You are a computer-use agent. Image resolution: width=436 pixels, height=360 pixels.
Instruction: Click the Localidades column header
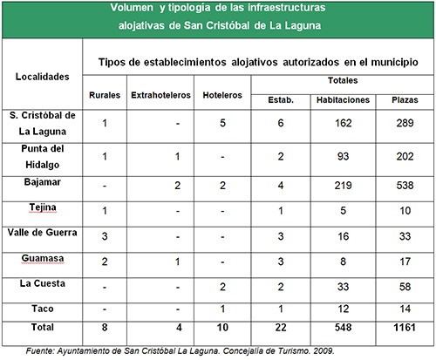(x=43, y=77)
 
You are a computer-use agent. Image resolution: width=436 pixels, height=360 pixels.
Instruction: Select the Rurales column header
(x=105, y=95)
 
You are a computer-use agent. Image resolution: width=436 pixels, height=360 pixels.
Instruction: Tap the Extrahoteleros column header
(x=160, y=95)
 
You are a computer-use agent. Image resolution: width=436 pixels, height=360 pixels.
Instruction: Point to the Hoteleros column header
(x=222, y=95)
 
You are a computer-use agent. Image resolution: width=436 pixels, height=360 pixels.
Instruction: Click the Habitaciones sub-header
(x=343, y=100)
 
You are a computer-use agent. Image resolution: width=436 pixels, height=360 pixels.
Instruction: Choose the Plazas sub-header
(x=405, y=100)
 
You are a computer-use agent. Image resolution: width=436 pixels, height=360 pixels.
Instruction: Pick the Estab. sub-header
(x=281, y=100)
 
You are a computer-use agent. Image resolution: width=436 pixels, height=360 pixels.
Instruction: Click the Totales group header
(x=343, y=80)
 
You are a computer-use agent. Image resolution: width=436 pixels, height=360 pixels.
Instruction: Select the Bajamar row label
(x=43, y=182)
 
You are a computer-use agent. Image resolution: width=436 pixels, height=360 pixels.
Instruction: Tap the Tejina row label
(x=43, y=207)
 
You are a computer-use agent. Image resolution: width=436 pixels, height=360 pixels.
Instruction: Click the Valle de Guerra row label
(x=43, y=233)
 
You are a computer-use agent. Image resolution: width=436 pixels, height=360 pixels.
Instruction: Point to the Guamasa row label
(x=43, y=258)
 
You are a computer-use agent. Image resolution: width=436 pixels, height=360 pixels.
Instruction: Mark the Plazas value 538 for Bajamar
(x=405, y=186)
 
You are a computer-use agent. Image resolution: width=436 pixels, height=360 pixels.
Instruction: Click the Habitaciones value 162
(x=343, y=123)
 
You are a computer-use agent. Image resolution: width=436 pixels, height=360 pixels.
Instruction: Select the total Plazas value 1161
(x=405, y=328)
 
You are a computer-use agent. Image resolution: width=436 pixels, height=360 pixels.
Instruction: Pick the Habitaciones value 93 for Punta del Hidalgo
(x=343, y=156)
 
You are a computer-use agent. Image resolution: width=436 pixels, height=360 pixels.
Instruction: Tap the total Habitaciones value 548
(x=343, y=328)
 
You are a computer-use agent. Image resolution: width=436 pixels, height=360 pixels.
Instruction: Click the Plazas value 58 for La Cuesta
(x=405, y=287)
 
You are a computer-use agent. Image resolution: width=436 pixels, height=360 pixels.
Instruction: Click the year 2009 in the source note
(x=324, y=351)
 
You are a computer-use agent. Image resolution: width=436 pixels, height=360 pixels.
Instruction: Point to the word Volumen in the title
(x=132, y=8)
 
